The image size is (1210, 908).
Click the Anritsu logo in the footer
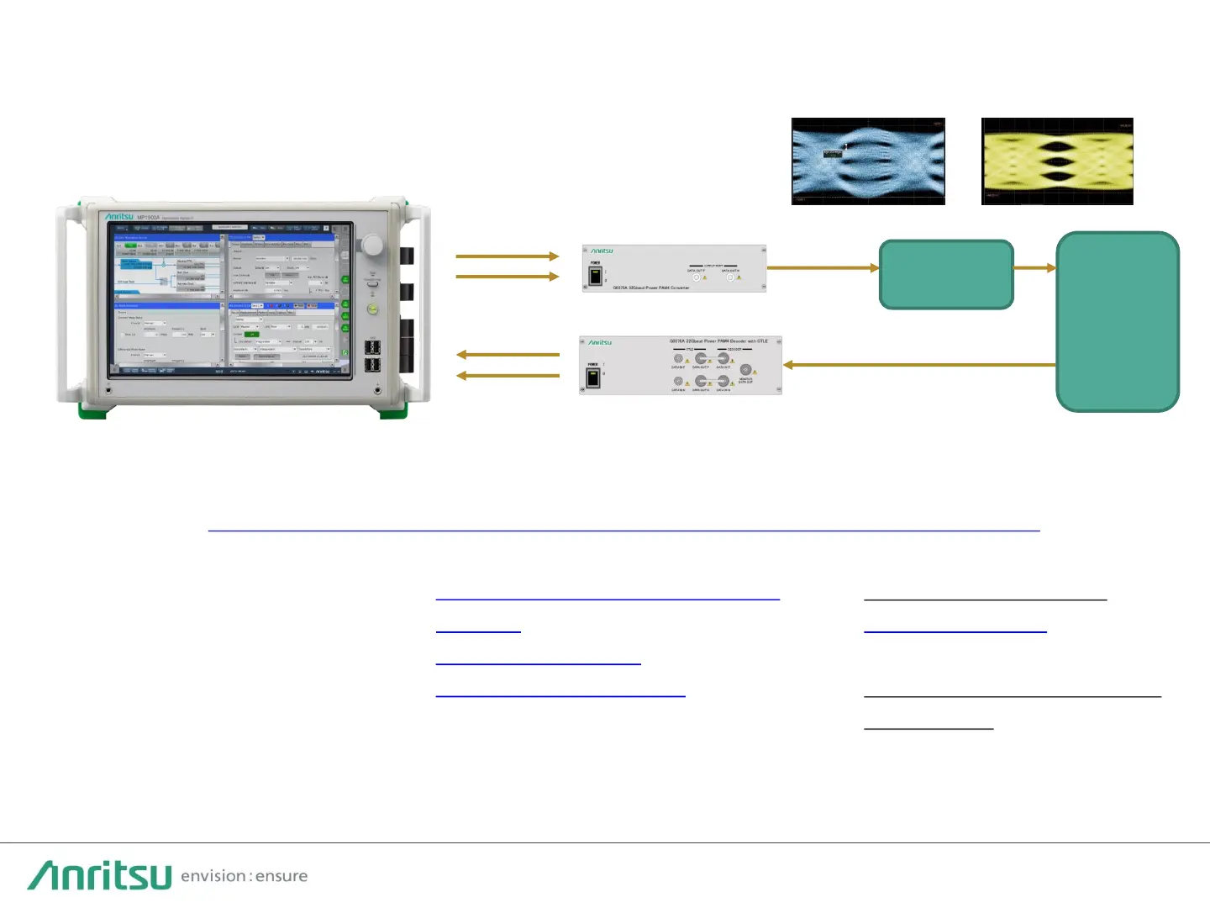[99, 876]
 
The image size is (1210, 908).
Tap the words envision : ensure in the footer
[245, 876]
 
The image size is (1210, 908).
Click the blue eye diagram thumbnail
[868, 161]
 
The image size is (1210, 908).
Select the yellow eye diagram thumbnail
[1057, 161]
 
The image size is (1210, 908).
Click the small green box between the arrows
[946, 275]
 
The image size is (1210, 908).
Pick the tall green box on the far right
[1118, 322]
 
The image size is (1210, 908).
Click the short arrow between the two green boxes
[1034, 268]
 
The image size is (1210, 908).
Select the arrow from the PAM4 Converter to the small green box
[822, 268]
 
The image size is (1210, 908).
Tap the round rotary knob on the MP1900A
[371, 245]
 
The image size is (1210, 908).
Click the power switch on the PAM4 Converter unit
[595, 276]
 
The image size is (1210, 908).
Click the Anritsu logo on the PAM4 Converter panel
[602, 251]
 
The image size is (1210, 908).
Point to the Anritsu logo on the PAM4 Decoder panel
[600, 342]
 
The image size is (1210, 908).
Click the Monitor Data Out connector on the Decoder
[745, 370]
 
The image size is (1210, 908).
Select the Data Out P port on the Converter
[696, 277]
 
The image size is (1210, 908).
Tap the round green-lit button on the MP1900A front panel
[372, 309]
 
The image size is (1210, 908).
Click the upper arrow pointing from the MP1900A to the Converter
[507, 256]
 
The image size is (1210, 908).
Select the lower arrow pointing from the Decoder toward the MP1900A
[507, 376]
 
